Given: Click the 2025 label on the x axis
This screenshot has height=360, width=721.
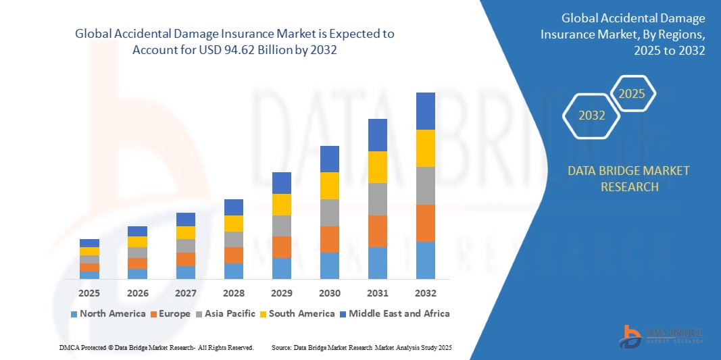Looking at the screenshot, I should pyautogui.click(x=89, y=293).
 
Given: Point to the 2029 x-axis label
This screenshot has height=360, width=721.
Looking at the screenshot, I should pyautogui.click(x=282, y=293).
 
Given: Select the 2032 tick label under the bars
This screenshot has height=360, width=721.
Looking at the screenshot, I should pyautogui.click(x=426, y=293).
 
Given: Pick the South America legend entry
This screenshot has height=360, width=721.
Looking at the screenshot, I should pyautogui.click(x=297, y=313).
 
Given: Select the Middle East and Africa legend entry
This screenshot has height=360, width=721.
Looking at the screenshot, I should pyautogui.click(x=394, y=313).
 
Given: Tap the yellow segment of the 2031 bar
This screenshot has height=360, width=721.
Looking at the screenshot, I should pyautogui.click(x=378, y=167).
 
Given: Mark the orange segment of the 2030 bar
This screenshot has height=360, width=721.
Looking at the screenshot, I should pyautogui.click(x=330, y=239).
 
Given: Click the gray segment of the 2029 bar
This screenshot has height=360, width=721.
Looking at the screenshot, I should pyautogui.click(x=282, y=226).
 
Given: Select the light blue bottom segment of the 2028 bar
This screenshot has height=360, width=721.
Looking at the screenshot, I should pyautogui.click(x=234, y=271).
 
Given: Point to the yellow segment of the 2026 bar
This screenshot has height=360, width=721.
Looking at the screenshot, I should pyautogui.click(x=137, y=242).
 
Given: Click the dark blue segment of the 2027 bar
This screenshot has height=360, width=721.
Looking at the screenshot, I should pyautogui.click(x=186, y=220).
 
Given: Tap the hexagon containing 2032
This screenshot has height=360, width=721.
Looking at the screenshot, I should pyautogui.click(x=592, y=115).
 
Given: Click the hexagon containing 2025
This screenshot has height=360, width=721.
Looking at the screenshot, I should pyautogui.click(x=632, y=94).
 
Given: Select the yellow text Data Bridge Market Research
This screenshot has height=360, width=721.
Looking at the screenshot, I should pyautogui.click(x=629, y=178).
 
